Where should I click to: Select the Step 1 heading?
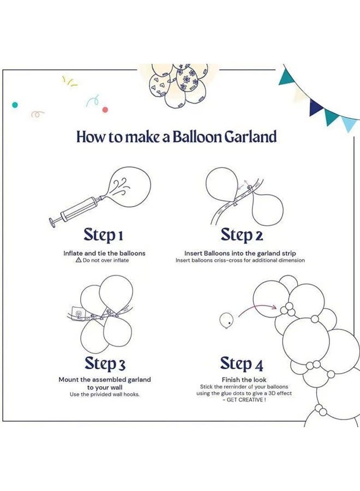pos(103,235)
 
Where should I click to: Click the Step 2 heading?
pos(242,235)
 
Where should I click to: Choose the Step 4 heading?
pos(243,363)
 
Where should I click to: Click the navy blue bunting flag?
pos(315,106)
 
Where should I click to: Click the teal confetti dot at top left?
pos(15,104)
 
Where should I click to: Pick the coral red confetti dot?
pos(105,110)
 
